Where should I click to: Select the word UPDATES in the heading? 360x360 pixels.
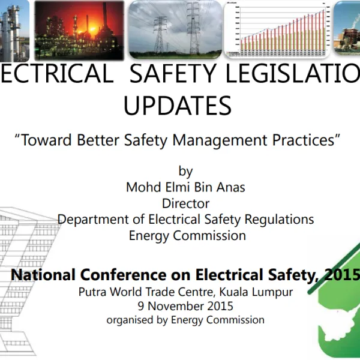(177, 106)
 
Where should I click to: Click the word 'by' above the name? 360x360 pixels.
(186, 172)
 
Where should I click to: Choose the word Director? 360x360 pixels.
(186, 203)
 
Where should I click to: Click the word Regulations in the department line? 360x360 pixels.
(281, 219)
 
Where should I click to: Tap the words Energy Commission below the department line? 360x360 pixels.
(187, 235)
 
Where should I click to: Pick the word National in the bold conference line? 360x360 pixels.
(44, 275)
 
